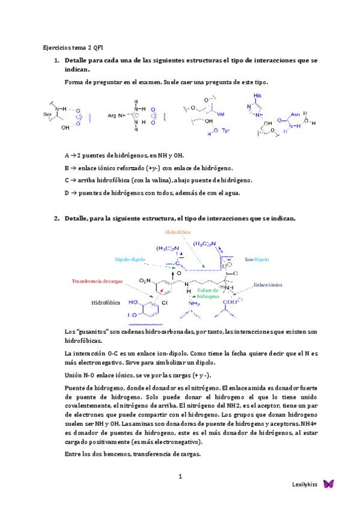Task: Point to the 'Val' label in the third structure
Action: [221, 114]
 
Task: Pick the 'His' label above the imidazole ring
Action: [258, 96]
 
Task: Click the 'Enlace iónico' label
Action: [267, 285]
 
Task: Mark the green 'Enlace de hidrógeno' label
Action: [208, 293]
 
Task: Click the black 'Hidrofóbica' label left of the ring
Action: [106, 303]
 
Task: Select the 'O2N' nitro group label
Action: [144, 281]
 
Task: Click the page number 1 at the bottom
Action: [180, 477]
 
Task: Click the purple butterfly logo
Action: [328, 484]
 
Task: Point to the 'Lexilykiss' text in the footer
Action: [304, 485]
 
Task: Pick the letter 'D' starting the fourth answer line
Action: [67, 193]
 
